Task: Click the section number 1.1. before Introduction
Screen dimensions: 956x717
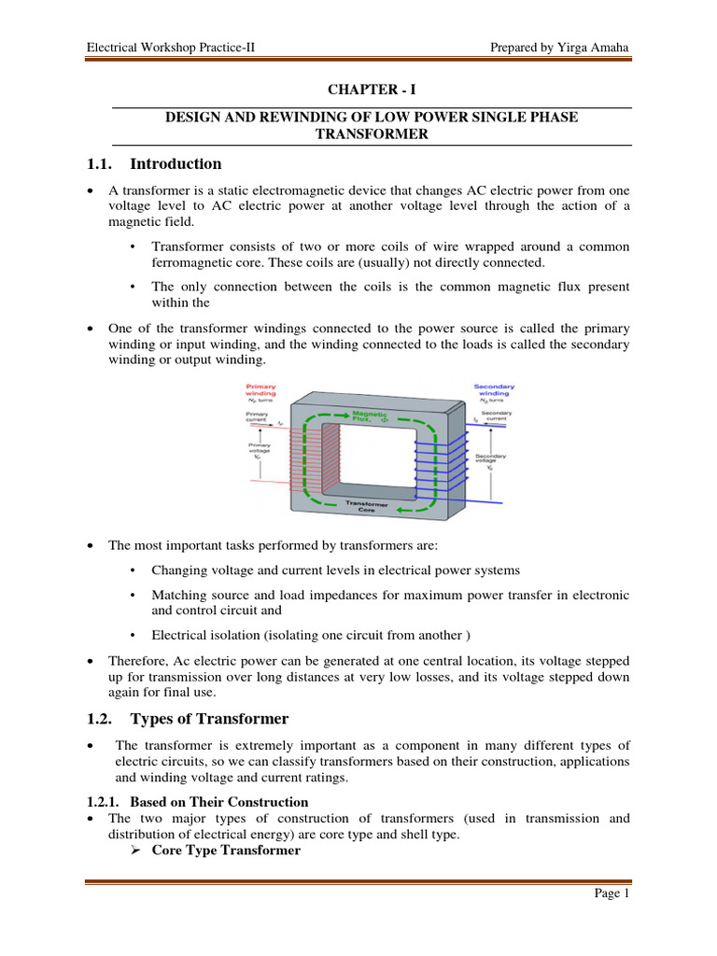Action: pyautogui.click(x=99, y=164)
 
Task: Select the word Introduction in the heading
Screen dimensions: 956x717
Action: pyautogui.click(x=176, y=164)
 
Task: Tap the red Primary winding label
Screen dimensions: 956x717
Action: pyautogui.click(x=260, y=389)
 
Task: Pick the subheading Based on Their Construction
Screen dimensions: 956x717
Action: pyautogui.click(x=218, y=801)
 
